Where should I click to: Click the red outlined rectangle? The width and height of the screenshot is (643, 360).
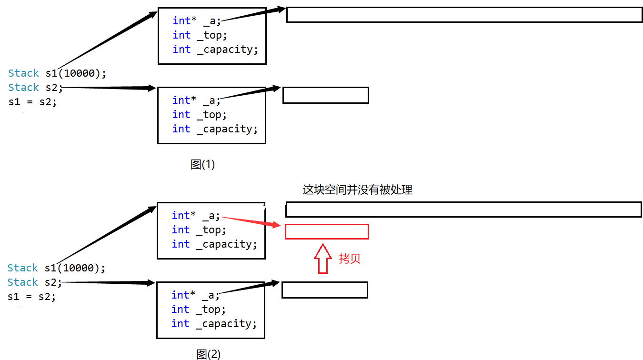327,231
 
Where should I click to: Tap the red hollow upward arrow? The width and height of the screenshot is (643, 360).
322,259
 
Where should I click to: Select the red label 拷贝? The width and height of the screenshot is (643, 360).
350,259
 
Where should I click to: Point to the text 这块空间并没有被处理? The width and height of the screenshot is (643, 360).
357,190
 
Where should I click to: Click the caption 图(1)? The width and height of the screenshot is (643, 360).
202,165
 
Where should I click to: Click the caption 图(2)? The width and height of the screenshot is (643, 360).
209,354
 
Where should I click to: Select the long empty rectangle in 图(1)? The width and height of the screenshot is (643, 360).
464,15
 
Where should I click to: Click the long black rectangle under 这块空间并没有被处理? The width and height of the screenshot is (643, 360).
463,210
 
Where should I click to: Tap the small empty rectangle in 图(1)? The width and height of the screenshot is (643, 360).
326,95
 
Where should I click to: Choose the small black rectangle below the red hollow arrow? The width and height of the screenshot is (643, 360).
325,290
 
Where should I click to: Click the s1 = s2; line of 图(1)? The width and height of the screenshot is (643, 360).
32,102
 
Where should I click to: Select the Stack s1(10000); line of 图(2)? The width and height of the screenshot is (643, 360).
56,268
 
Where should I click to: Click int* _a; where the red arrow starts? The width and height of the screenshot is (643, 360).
196,216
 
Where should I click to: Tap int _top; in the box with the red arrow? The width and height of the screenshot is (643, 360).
199,230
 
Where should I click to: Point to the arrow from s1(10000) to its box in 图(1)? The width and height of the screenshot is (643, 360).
107,40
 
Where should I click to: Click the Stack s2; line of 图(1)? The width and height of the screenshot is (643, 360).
35,88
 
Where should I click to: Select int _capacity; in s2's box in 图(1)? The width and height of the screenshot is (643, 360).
215,129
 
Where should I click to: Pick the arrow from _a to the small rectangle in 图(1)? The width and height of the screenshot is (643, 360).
250,93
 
